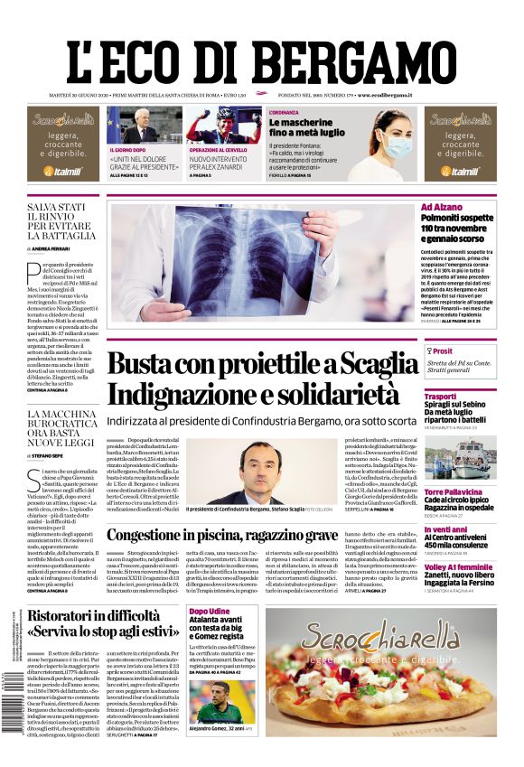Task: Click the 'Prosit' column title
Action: [x=442, y=351]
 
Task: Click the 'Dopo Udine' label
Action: [x=208, y=612]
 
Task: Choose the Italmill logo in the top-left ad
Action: [x=62, y=171]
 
